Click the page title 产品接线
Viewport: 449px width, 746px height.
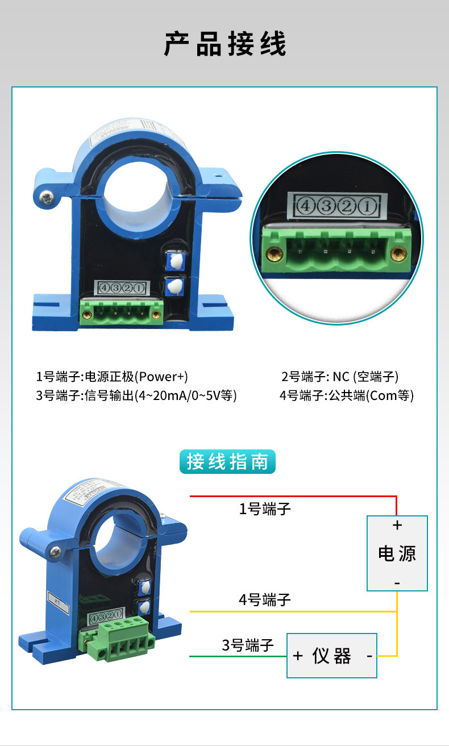[x=225, y=44]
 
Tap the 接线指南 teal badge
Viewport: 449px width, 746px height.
[x=227, y=462]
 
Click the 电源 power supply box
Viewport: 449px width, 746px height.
[x=397, y=553]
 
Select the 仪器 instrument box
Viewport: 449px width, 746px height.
[x=331, y=656]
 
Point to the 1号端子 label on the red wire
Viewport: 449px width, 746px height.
[x=264, y=509]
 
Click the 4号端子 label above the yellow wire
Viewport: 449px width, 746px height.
[x=264, y=599]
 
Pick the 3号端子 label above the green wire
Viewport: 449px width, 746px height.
[x=248, y=645]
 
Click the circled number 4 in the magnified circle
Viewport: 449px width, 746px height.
[x=305, y=207]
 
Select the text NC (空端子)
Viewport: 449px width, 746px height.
[x=365, y=377]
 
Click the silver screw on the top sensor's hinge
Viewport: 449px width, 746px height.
[x=45, y=197]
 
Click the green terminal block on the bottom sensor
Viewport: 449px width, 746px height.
[x=118, y=637]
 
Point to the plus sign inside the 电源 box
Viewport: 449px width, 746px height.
[x=397, y=526]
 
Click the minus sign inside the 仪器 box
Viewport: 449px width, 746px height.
[x=369, y=656]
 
